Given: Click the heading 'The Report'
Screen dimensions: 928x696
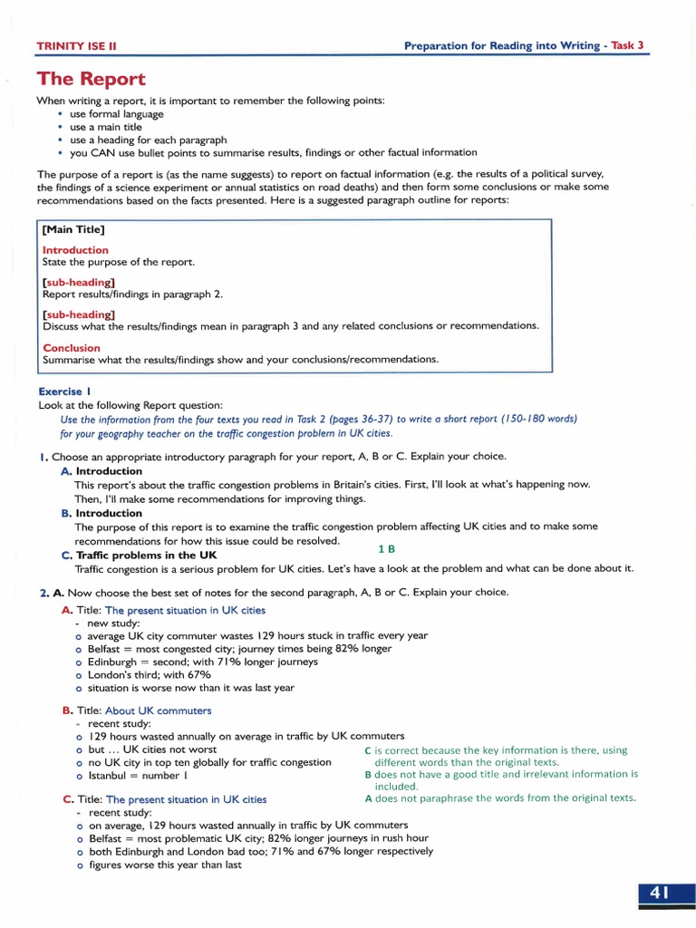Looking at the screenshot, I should pos(91,80).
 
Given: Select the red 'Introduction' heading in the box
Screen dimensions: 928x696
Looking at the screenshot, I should pos(75,250).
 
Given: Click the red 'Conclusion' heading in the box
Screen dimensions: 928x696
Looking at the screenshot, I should pos(72,348).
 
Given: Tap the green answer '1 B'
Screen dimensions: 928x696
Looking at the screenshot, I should pos(386,548).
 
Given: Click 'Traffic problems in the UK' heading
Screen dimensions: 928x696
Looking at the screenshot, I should pos(146,555).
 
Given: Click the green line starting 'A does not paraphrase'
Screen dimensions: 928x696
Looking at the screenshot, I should pos(499,798).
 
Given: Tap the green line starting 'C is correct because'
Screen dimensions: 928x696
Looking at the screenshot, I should pos(495,750).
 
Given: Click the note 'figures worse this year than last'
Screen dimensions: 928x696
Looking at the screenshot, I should pos(165,865).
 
